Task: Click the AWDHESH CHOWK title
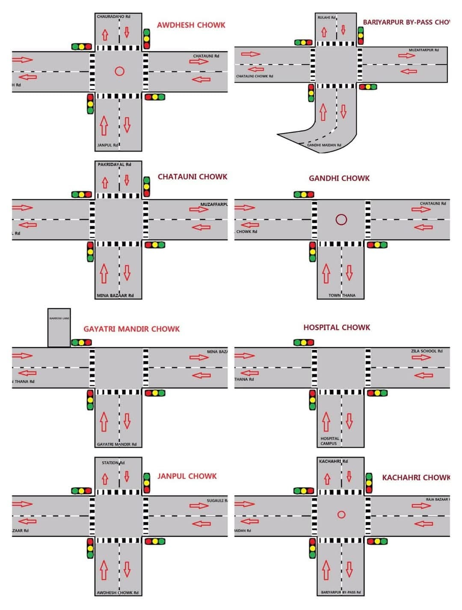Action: click(191, 25)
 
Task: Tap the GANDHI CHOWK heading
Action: click(339, 178)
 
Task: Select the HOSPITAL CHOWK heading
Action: click(337, 327)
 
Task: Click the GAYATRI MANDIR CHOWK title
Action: click(131, 329)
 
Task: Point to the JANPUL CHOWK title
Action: click(187, 476)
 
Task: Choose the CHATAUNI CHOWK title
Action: click(192, 177)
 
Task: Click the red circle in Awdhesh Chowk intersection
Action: click(120, 71)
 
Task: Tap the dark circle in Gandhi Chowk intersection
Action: click(341, 220)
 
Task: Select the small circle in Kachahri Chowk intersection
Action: click(341, 515)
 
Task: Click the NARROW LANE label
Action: click(59, 318)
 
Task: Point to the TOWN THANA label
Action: click(342, 295)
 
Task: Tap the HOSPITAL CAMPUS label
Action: click(329, 441)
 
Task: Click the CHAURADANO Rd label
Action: click(113, 17)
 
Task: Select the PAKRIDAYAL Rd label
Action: click(114, 164)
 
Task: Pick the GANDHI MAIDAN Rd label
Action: click(324, 145)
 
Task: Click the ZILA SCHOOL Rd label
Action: click(426, 351)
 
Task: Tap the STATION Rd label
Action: click(113, 463)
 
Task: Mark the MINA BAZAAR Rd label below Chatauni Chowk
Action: click(115, 295)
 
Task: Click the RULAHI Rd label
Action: click(326, 18)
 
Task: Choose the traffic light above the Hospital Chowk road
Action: click(304, 342)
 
